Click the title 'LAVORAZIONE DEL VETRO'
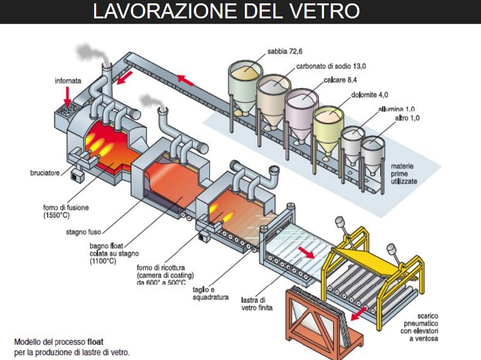[x=226, y=11]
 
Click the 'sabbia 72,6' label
[x=284, y=52]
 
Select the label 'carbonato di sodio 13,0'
[x=325, y=66]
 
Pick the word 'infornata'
[x=68, y=81]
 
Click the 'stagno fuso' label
[x=83, y=232]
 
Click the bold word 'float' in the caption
[x=95, y=341]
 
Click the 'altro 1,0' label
[x=408, y=118]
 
